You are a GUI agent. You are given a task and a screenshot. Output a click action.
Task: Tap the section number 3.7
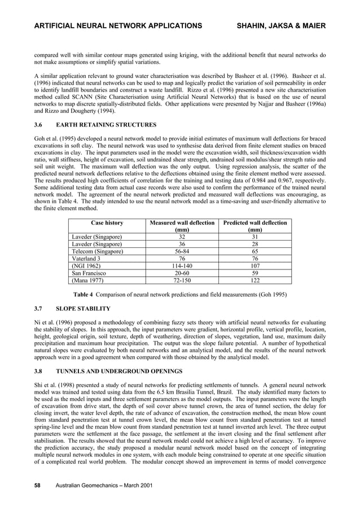pyautogui.click(x=39, y=309)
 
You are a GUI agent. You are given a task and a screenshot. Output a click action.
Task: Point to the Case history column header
pyautogui.click(x=103, y=223)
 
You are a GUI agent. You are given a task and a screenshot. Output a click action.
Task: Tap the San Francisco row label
pyautogui.click(x=88, y=272)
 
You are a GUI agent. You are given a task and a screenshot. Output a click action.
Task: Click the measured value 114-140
pyautogui.click(x=181, y=265)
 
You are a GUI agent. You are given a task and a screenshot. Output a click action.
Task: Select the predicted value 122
pyautogui.click(x=254, y=280)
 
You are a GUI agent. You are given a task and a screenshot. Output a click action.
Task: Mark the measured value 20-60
pyautogui.click(x=181, y=272)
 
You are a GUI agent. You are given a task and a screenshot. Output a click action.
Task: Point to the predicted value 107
pyautogui.click(x=254, y=265)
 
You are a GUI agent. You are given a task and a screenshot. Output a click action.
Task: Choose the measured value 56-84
pyautogui.click(x=181, y=251)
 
